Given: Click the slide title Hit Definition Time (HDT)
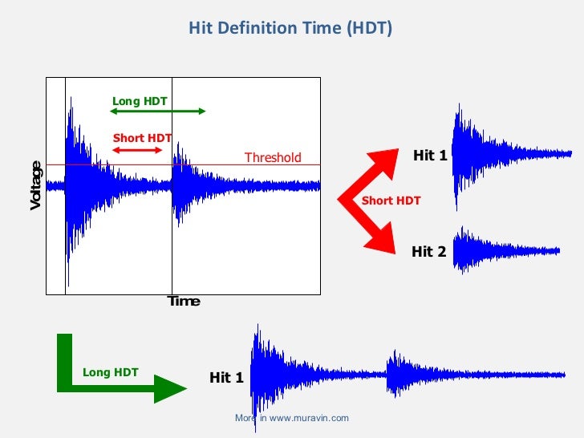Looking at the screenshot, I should pos(290,29).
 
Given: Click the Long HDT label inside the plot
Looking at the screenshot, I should pos(140,101).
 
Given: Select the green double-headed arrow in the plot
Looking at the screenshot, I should pos(157,112).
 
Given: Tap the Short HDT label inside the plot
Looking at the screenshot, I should pos(142,138).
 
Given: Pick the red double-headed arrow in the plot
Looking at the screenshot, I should pos(137,150).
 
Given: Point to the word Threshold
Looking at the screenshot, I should pos(273,157).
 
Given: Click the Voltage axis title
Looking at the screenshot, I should pos(36,185).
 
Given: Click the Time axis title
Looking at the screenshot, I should pos(183,302).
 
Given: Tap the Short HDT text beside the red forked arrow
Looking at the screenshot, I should pos(391,201).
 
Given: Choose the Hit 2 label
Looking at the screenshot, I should pos(428,252).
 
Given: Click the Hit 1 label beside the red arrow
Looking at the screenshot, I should pos(430,156).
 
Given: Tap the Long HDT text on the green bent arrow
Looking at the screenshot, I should pos(110,372).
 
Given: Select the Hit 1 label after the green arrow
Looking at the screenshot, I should pos(226,378).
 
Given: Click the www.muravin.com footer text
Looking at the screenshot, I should pos(292,418).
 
